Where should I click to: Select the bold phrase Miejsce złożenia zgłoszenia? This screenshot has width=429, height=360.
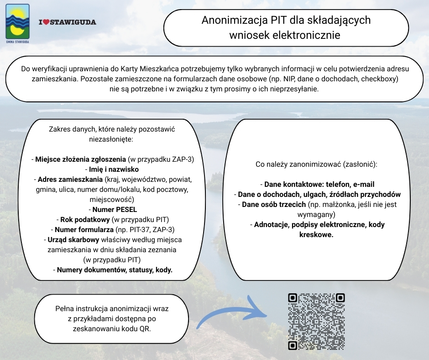pyautogui.click(x=80, y=159)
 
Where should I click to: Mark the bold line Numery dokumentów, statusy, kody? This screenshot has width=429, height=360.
pyautogui.click(x=115, y=270)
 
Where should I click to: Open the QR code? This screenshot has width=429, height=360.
pyautogui.click(x=316, y=321)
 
